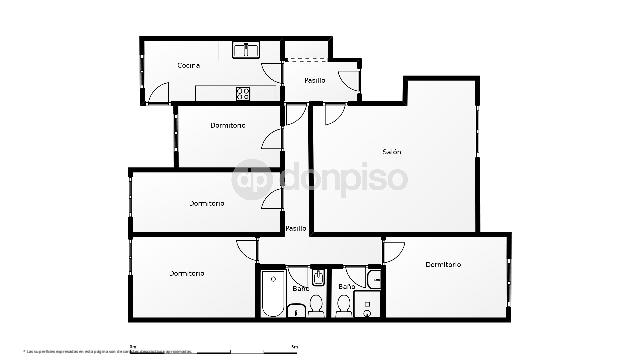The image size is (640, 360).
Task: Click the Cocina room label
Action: [188, 66]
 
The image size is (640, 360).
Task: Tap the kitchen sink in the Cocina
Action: [246, 49]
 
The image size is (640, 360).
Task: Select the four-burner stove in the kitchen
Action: [242, 94]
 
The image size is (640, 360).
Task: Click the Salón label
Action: [391, 152]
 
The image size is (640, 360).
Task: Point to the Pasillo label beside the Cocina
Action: [314, 80]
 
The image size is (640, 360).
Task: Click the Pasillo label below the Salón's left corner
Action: [295, 229]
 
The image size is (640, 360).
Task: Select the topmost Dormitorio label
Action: [228, 126]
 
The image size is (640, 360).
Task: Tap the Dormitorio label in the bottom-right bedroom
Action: [442, 264]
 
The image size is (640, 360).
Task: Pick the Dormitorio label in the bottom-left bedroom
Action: [186, 273]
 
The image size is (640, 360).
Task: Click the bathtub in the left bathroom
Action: [273, 292]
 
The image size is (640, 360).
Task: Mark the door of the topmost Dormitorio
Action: [272, 139]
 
